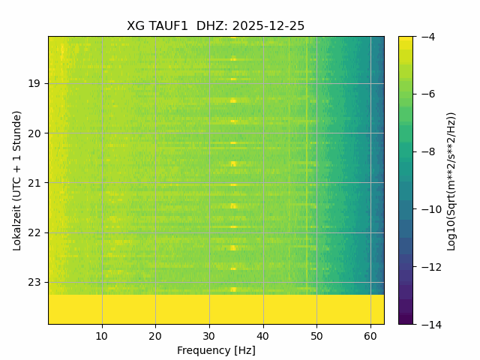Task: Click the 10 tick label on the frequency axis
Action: tap(102, 335)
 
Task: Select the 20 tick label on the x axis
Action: tap(155, 335)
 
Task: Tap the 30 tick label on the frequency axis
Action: tap(209, 335)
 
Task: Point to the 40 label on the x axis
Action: tap(262, 335)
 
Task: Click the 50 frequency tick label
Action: tap(316, 335)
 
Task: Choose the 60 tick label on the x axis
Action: tap(370, 335)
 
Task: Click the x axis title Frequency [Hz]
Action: tap(216, 350)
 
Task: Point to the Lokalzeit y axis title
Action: tap(16, 180)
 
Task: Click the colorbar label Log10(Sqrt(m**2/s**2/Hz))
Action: tap(451, 180)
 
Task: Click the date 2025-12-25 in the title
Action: tap(268, 26)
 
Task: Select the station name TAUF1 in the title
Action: tap(168, 26)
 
